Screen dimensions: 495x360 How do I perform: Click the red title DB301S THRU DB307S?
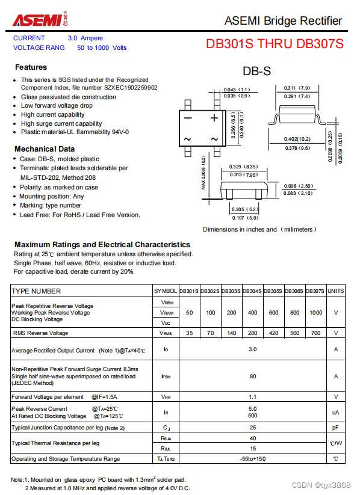(x=275, y=44)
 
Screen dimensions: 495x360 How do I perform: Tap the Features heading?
(x=31, y=67)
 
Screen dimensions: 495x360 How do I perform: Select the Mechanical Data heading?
(x=45, y=149)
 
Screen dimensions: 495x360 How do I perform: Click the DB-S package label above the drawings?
(x=256, y=71)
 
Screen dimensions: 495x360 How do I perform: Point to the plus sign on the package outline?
(x=214, y=118)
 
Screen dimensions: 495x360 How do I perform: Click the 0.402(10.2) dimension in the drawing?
(x=297, y=139)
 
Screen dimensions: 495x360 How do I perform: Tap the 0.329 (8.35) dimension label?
(x=243, y=167)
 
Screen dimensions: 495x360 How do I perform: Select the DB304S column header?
(x=252, y=291)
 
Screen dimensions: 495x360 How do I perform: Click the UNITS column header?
(x=335, y=291)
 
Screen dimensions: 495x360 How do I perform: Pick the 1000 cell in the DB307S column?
(x=315, y=313)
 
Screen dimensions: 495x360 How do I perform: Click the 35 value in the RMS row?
(x=189, y=333)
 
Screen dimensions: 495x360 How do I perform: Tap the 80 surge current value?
(x=252, y=377)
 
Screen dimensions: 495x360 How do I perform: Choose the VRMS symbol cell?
(x=166, y=333)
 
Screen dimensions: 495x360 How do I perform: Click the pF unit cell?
(x=335, y=428)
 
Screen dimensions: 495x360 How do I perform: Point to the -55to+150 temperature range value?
(x=252, y=459)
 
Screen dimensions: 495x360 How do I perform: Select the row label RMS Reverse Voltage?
(x=40, y=333)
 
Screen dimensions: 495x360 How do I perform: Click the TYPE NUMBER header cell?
(x=37, y=291)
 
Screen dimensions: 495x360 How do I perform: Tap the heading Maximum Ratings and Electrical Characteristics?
(x=102, y=244)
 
